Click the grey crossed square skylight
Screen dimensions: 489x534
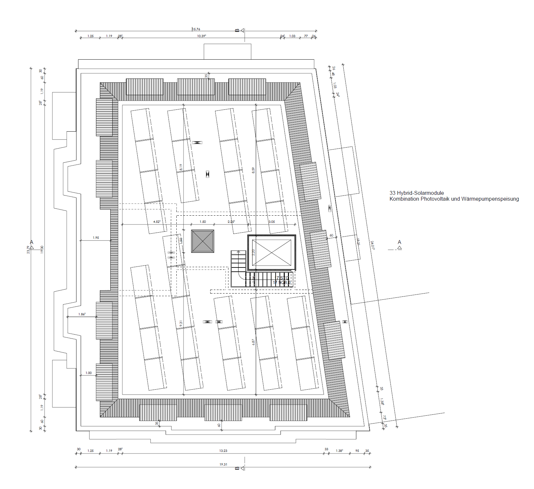pyautogui.click(x=202, y=241)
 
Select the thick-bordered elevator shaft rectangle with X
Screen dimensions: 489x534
pyautogui.click(x=272, y=253)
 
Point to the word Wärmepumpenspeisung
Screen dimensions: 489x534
pyautogui.click(x=490, y=199)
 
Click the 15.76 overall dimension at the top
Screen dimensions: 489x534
pyautogui.click(x=196, y=29)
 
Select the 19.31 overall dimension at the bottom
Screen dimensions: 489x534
pyautogui.click(x=223, y=464)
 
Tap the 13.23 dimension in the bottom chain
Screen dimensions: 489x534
pyautogui.click(x=223, y=451)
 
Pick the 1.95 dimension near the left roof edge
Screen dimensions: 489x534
pyautogui.click(x=96, y=237)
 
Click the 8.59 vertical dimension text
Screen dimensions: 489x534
pyautogui.click(x=253, y=170)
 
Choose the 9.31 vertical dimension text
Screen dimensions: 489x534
pyautogui.click(x=181, y=324)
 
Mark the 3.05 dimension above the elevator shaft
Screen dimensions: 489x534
pyautogui.click(x=272, y=222)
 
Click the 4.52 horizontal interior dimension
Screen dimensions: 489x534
pyautogui.click(x=157, y=222)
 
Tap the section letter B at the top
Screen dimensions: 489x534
pyautogui.click(x=237, y=30)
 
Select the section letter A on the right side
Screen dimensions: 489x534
pyautogui.click(x=399, y=242)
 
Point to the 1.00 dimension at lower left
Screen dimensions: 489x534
pyautogui.click(x=89, y=373)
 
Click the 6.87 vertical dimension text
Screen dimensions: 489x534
pyautogui.click(x=253, y=342)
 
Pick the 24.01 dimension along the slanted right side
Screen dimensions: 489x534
pyautogui.click(x=372, y=245)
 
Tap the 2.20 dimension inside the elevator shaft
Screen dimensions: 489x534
pyautogui.click(x=253, y=252)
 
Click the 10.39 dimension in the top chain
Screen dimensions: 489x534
pyautogui.click(x=201, y=36)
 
